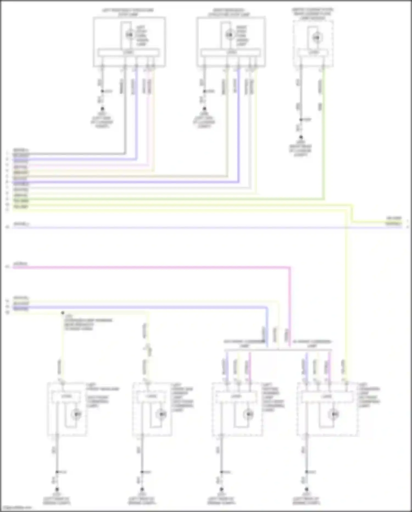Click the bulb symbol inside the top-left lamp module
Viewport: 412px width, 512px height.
click(x=129, y=35)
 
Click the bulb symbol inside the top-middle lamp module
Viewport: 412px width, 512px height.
click(x=229, y=35)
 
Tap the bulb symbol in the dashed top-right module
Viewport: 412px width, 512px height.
click(x=316, y=37)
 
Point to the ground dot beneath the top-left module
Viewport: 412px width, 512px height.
click(x=102, y=109)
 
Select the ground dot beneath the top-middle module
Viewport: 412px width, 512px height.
click(x=204, y=109)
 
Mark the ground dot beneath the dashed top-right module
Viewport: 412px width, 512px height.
click(x=301, y=137)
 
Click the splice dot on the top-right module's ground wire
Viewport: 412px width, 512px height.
click(x=301, y=119)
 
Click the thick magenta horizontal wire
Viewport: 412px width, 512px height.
click(x=151, y=267)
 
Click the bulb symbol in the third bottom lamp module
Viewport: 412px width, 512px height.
click(x=249, y=414)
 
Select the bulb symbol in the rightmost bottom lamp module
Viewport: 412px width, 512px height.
click(x=334, y=414)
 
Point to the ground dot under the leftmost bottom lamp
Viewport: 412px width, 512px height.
click(x=57, y=489)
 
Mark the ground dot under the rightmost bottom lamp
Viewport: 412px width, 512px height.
click(x=307, y=489)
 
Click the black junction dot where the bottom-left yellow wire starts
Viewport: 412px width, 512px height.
click(x=63, y=313)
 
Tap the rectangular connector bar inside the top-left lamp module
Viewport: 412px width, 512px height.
click(x=129, y=52)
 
